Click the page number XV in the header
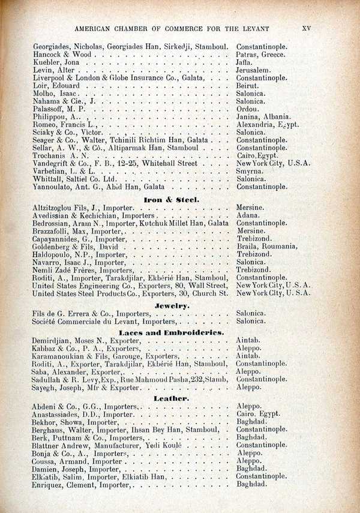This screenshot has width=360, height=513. pos(306,28)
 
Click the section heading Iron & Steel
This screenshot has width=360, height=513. pos(171,199)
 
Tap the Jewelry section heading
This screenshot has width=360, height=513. pos(172,305)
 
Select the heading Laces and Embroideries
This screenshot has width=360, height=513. pos(171,332)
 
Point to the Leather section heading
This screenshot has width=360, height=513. pos(172,398)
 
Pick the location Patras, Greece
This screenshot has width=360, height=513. pos(260,55)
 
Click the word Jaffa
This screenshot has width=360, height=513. pos(245,62)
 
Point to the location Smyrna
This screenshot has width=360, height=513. pos(250,171)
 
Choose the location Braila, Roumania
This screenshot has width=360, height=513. pos(266,247)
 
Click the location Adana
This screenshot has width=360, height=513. pos(248,215)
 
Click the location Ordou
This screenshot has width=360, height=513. pos(248,109)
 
